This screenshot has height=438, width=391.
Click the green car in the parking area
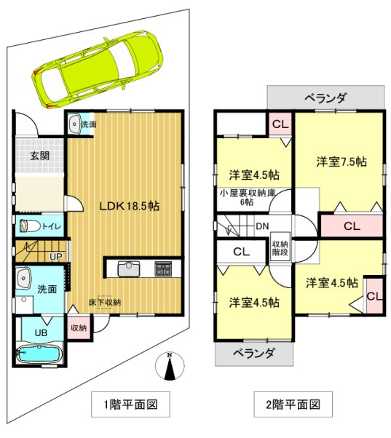[x=98, y=69]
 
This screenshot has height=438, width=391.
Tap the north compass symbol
[x=170, y=366]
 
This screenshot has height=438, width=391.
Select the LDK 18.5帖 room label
[x=130, y=206]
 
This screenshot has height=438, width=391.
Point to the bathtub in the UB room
[x=39, y=354]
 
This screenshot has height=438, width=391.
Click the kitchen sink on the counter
[x=129, y=268]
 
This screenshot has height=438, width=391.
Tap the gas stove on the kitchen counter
[x=164, y=268]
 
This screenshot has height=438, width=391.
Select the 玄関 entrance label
[x=40, y=156]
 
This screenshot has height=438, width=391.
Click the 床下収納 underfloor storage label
[x=105, y=302]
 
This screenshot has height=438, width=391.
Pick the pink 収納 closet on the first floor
[x=79, y=327]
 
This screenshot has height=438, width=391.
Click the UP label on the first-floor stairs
[x=55, y=256]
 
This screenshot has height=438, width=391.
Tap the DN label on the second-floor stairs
[x=262, y=226]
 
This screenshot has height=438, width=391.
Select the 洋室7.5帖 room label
[x=341, y=162]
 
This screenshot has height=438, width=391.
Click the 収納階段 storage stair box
[x=280, y=247]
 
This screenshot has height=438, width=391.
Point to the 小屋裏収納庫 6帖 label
[x=248, y=197]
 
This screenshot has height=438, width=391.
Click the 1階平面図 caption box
[x=131, y=405]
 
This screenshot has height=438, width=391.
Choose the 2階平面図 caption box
[x=293, y=405]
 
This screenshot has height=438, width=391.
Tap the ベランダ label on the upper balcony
[x=325, y=98]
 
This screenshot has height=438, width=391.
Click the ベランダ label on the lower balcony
[x=254, y=354]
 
